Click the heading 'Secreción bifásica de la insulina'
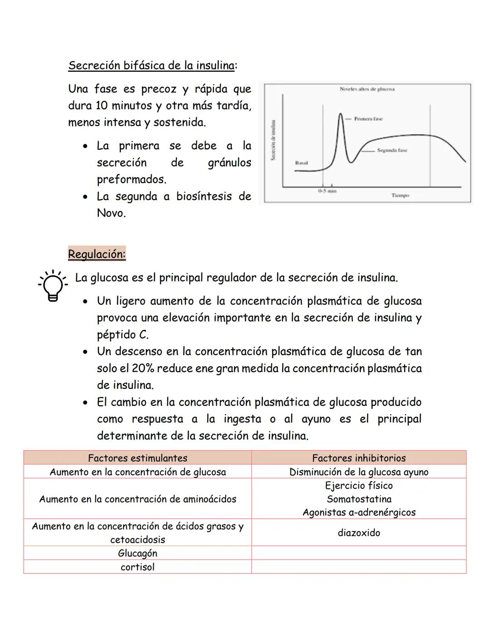[x=152, y=65]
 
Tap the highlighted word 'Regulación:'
[x=97, y=254]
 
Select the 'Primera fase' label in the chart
[x=368, y=119]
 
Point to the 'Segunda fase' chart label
[x=392, y=150]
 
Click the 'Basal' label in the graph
[x=301, y=162]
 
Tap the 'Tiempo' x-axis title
[x=400, y=196]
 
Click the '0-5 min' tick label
[x=327, y=192]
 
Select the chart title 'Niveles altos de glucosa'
[x=367, y=89]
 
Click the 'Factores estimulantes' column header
[x=137, y=458]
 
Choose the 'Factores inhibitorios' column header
[x=359, y=458]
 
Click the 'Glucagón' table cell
[x=137, y=553]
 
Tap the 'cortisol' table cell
[x=137, y=567]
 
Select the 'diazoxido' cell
[x=359, y=533]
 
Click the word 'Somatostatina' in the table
[x=359, y=499]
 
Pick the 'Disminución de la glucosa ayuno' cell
[x=359, y=472]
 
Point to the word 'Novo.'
[x=111, y=213]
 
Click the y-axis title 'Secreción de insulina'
[x=273, y=140]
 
